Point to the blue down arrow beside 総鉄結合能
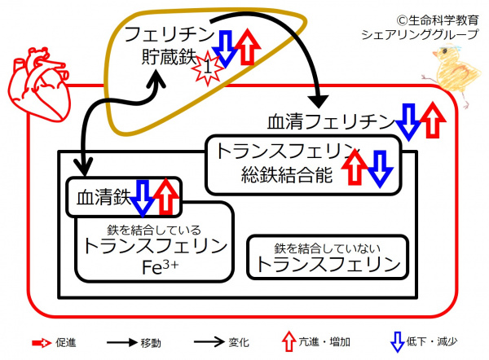(380, 168)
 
